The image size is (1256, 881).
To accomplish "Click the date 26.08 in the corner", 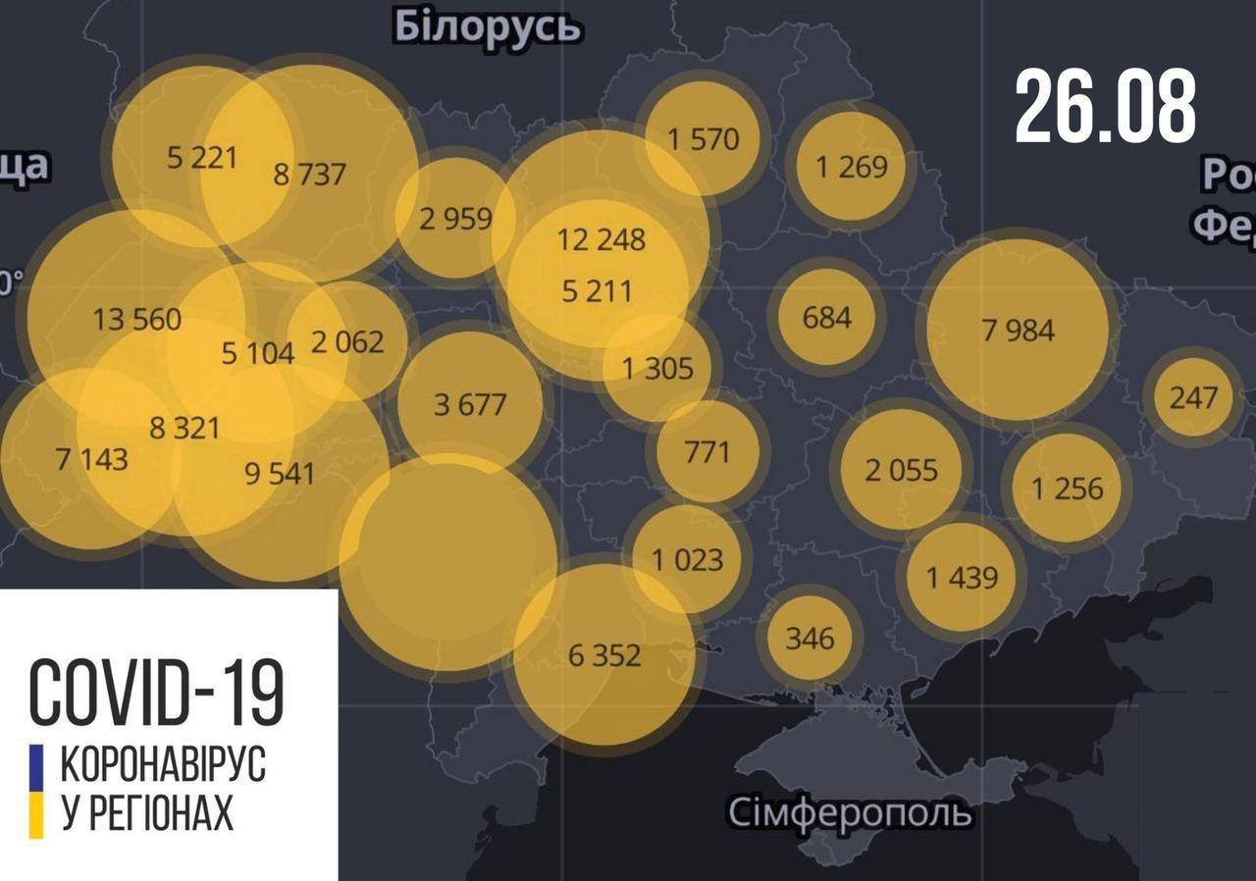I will pyautogui.click(x=1105, y=107).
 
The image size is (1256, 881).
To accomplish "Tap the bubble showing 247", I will pyautogui.click(x=1193, y=397).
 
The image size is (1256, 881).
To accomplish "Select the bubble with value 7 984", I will pyautogui.click(x=1018, y=330).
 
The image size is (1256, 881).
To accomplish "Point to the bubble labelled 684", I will pyautogui.click(x=826, y=317).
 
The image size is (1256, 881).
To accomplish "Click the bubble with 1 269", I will pyautogui.click(x=851, y=166).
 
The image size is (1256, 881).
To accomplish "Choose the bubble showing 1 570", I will pyautogui.click(x=703, y=138).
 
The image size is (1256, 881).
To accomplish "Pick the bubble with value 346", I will pyautogui.click(x=810, y=639).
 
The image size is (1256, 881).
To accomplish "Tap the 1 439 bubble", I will pyautogui.click(x=962, y=577).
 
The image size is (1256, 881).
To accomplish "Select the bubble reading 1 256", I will pyautogui.click(x=1067, y=488).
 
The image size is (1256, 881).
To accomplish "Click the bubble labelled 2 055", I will pyautogui.click(x=901, y=470).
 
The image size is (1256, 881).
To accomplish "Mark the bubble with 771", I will pyautogui.click(x=706, y=451).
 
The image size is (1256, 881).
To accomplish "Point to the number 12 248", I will pyautogui.click(x=601, y=238).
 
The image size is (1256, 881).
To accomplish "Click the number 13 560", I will pyautogui.click(x=136, y=319).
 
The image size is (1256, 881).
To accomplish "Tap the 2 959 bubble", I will pyautogui.click(x=455, y=217).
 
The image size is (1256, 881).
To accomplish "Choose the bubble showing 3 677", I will pyautogui.click(x=470, y=403).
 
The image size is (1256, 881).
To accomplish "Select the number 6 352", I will pyautogui.click(x=603, y=654).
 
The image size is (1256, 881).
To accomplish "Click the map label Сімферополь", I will pyautogui.click(x=851, y=813).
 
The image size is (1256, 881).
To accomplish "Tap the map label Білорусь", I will pyautogui.click(x=487, y=27).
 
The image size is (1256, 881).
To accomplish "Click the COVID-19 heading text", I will pyautogui.click(x=157, y=693).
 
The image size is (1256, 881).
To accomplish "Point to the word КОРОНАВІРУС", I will pyautogui.click(x=163, y=765).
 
